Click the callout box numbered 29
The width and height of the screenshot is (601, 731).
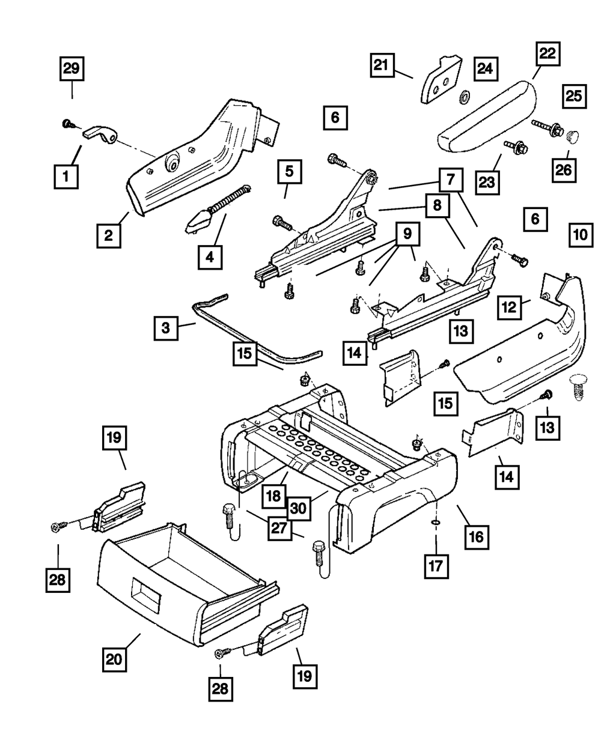72,69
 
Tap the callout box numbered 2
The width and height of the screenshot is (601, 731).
108,235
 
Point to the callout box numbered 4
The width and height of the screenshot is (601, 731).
209,257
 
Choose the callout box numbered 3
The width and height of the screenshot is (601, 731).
166,328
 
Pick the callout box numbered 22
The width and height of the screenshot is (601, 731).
546,55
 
